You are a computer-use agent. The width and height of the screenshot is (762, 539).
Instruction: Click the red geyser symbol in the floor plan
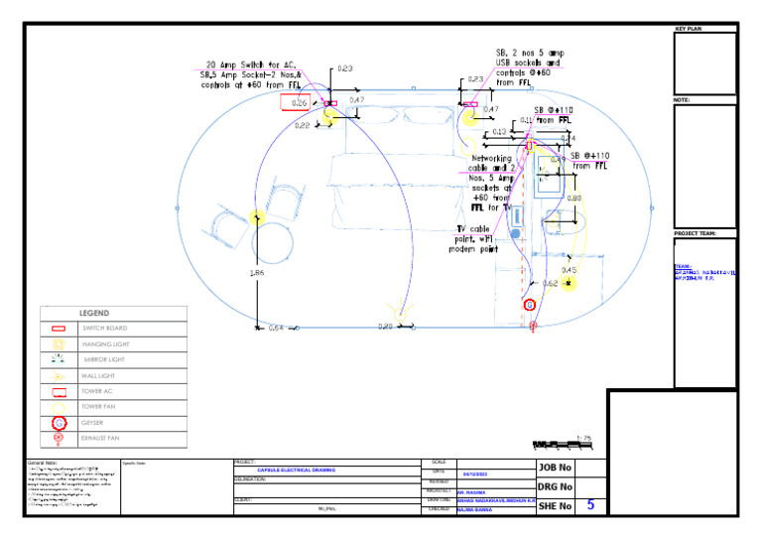(x=530, y=305)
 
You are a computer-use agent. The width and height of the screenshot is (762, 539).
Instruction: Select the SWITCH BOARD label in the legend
(x=104, y=328)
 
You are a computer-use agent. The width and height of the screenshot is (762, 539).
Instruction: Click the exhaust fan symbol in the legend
(x=59, y=437)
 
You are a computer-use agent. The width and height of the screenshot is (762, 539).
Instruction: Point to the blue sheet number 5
(x=590, y=505)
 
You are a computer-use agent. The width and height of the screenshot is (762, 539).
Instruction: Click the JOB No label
(x=555, y=468)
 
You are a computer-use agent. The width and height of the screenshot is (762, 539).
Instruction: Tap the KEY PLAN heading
(x=688, y=29)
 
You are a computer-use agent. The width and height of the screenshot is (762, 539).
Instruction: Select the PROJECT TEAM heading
(x=696, y=233)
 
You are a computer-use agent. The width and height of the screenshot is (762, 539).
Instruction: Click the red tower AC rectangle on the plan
(x=295, y=101)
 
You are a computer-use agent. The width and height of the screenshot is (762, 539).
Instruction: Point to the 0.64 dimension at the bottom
(x=276, y=328)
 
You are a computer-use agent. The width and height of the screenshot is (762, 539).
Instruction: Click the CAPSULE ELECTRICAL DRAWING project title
(x=296, y=470)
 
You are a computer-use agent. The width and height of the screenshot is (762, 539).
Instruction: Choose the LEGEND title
(x=94, y=313)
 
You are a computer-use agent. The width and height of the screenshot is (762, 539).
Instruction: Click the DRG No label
(x=555, y=486)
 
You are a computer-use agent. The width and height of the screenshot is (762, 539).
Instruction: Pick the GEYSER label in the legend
(x=92, y=422)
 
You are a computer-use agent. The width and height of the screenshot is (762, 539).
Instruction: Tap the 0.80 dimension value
(x=574, y=199)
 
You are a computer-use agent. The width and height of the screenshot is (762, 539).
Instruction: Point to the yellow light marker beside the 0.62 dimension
(x=568, y=284)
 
